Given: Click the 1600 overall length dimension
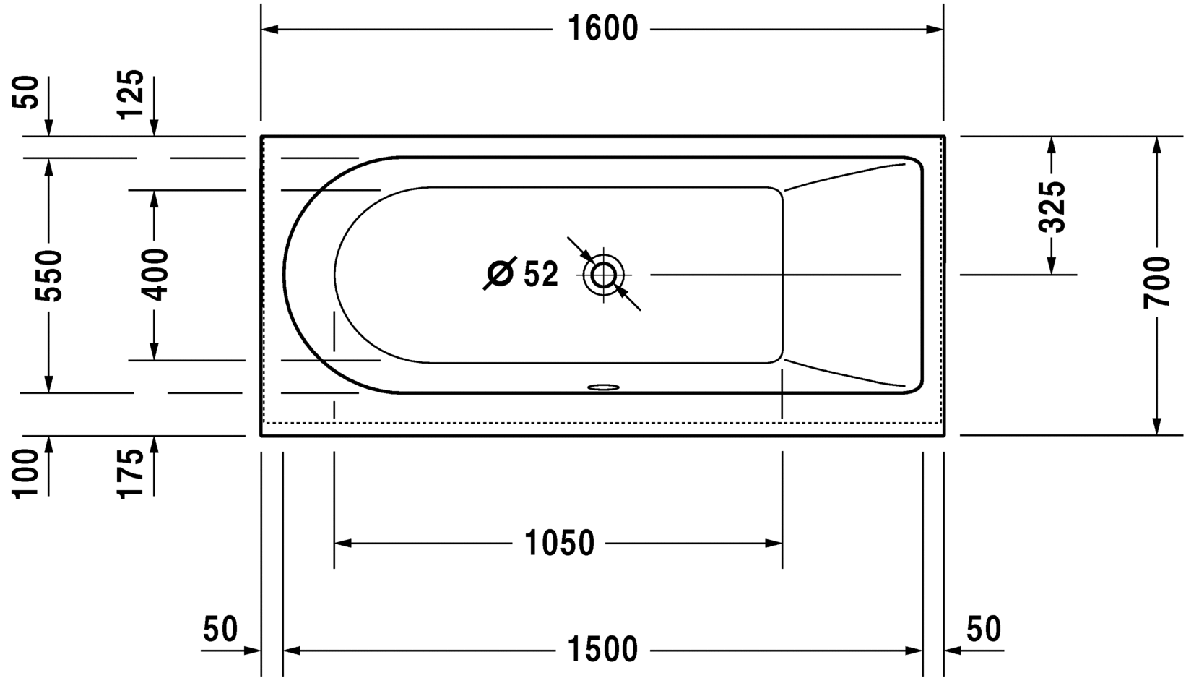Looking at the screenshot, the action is (602, 29).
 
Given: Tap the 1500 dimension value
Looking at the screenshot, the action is (602, 649).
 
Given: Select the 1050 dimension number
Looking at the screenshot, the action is (559, 543).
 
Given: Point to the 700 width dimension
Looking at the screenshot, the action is (1156, 283).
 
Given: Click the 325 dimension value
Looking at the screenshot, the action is (1052, 207).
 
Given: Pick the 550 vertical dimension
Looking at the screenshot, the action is (48, 275).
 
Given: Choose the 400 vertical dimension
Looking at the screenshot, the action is (154, 275).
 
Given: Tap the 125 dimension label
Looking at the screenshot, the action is (130, 94).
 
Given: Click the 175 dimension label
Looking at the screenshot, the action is (130, 473).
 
